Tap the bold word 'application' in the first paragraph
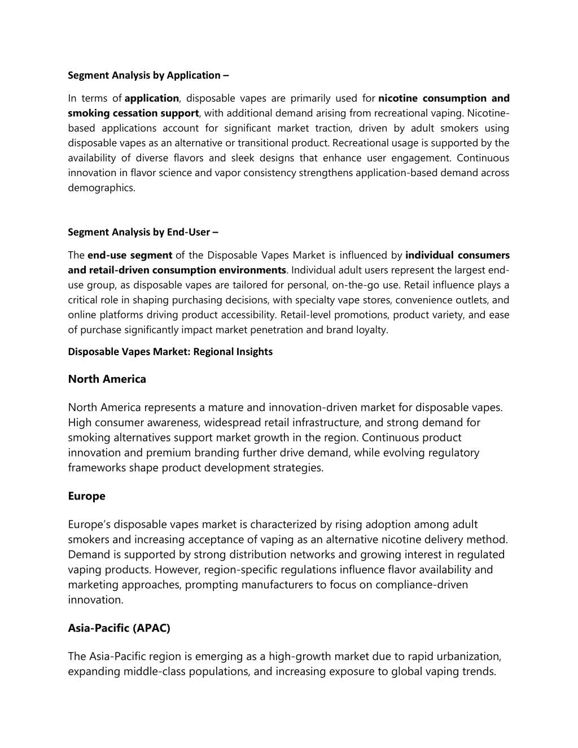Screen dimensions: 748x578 point(152,98)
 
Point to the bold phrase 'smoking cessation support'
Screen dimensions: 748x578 point(133,113)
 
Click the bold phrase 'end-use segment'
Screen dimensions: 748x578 point(130,255)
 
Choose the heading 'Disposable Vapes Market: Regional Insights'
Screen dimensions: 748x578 point(170,352)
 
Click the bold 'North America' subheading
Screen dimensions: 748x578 point(107,379)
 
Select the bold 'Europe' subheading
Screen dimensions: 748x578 point(86,496)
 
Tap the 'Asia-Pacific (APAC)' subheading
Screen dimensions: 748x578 point(119,628)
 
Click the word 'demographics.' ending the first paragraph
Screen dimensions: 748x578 point(102,188)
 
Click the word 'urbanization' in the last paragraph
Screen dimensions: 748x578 point(468,657)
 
